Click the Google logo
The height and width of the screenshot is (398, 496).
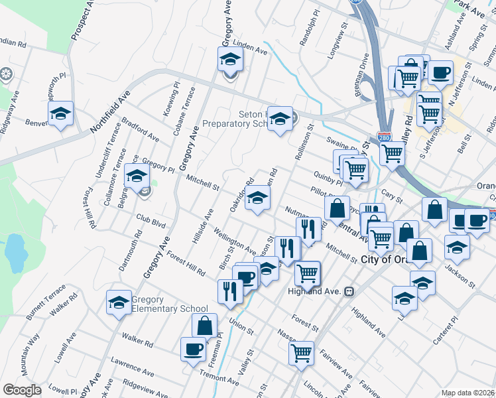click(22, 390)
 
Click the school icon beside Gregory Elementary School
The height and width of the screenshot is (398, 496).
click(119, 303)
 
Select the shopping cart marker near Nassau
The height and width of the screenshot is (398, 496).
click(302, 352)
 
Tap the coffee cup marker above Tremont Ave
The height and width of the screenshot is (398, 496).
click(194, 349)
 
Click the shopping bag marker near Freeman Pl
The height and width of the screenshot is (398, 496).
click(204, 326)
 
